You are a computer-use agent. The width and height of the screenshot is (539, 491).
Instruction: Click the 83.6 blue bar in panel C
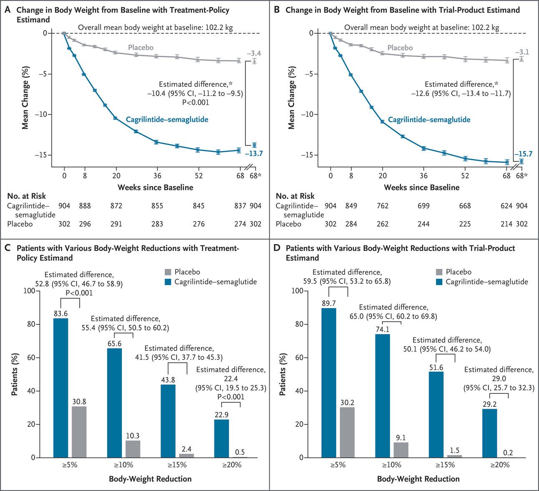[x=60, y=388]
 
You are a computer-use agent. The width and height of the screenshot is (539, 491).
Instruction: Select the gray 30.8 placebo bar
[x=79, y=432]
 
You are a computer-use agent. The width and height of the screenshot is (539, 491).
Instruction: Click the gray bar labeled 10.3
[x=133, y=449]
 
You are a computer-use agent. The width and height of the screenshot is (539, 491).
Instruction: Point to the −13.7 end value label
[x=254, y=154]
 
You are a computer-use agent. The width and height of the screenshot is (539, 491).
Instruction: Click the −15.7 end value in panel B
[x=523, y=154]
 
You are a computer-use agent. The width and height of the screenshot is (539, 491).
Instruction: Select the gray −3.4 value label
[x=254, y=53]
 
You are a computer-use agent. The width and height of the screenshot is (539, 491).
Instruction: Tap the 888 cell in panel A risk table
[x=85, y=206]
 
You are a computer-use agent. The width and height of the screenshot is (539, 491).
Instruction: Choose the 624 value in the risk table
[x=506, y=206]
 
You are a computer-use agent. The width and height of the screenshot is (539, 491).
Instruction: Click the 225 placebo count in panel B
[x=465, y=224]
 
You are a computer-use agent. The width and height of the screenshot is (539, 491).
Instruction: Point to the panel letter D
[x=277, y=248]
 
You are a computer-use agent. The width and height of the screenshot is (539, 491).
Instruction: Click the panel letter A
[x=7, y=10]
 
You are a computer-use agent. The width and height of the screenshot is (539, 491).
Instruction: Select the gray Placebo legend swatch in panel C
[x=168, y=272]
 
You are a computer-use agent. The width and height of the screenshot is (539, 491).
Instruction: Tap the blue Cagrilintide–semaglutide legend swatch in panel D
[x=439, y=282]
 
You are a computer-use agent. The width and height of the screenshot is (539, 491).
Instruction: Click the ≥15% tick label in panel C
[x=177, y=465]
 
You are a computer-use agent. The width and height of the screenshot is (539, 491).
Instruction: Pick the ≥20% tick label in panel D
[x=499, y=465]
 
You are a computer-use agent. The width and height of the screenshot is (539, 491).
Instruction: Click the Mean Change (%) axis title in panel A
[x=25, y=97]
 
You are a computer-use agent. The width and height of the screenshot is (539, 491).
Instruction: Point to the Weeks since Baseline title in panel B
[x=421, y=187]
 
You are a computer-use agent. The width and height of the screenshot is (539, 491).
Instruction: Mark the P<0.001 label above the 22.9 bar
[x=231, y=397]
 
